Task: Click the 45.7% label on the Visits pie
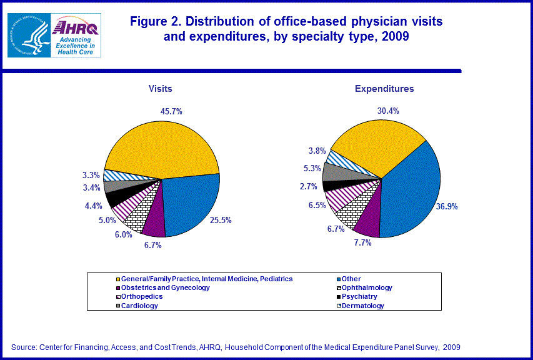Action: (171, 111)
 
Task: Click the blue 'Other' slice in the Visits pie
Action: (191, 203)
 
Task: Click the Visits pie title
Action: (160, 89)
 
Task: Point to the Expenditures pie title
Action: (384, 89)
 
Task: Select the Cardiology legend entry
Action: (139, 306)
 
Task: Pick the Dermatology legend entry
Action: (362, 306)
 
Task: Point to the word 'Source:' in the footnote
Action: (24, 347)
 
